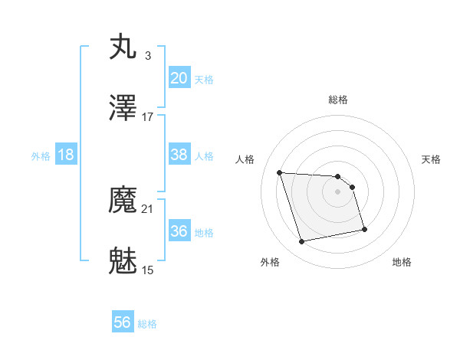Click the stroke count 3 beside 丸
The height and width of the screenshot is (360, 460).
click(x=147, y=55)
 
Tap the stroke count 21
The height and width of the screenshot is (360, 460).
click(x=148, y=208)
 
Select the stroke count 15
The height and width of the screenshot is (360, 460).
click(x=148, y=270)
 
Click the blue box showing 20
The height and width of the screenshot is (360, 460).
click(x=179, y=78)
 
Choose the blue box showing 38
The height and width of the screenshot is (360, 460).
click(x=179, y=155)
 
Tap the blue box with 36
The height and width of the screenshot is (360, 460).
click(x=179, y=231)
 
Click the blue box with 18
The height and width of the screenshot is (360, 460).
click(x=66, y=155)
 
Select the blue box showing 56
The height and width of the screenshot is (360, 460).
click(x=123, y=323)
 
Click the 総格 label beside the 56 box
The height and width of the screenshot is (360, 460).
click(x=147, y=324)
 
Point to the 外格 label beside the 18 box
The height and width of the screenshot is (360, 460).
click(x=41, y=155)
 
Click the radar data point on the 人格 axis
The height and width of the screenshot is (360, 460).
click(x=280, y=172)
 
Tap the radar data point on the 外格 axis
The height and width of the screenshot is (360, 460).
click(x=302, y=242)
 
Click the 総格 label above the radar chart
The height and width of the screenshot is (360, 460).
click(x=338, y=100)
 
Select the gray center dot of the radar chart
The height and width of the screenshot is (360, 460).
click(x=338, y=191)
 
